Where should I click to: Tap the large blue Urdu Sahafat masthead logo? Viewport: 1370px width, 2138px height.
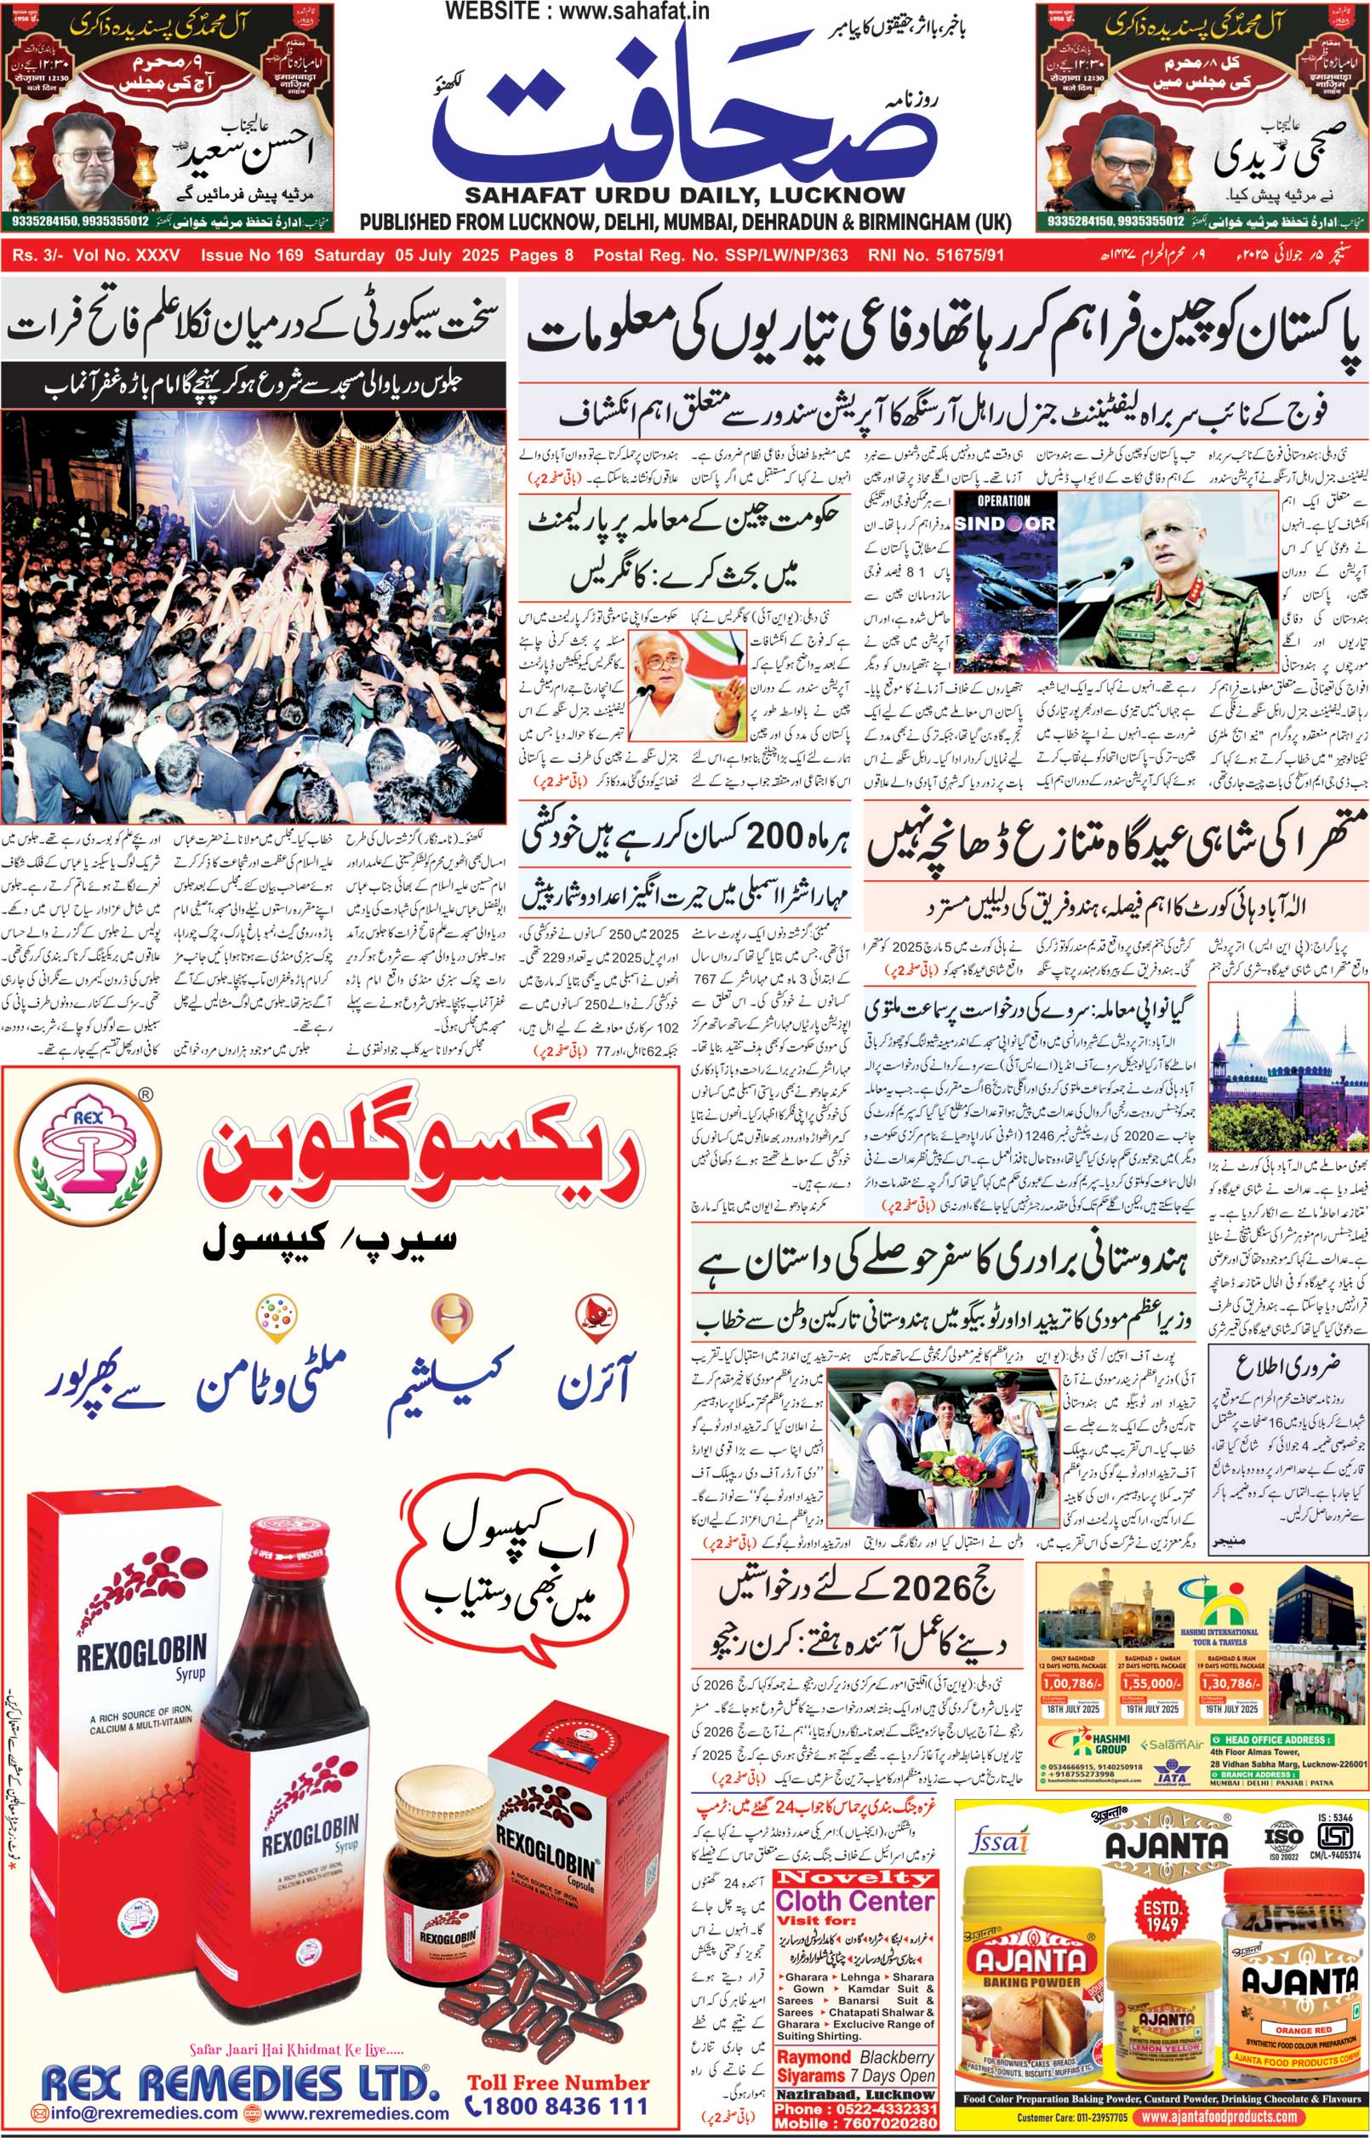pos(685,116)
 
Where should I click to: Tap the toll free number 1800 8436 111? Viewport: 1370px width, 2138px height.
pos(558,2106)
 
